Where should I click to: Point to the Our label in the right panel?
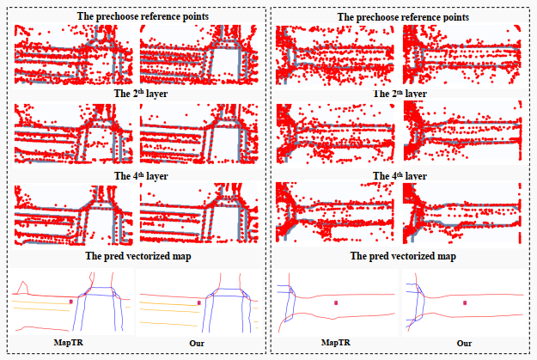click(465, 343)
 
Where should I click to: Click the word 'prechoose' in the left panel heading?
click(121, 16)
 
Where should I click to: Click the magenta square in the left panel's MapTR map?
click(71, 302)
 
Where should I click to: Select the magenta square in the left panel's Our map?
click(199, 302)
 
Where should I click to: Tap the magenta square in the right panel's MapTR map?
click(337, 302)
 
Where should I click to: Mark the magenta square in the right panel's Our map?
click(465, 302)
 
